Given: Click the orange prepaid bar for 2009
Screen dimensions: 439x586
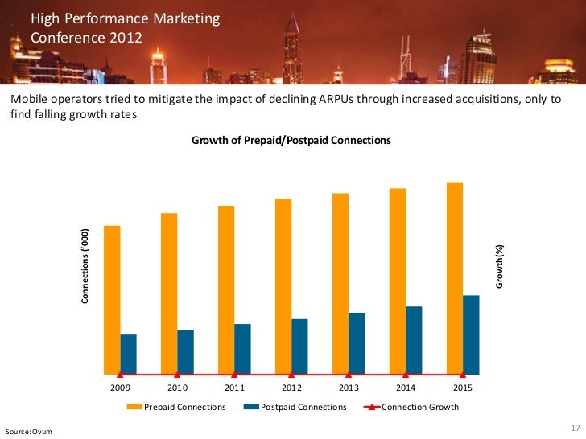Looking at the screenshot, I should click(112, 300).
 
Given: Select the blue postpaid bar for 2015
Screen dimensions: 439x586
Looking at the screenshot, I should click(471, 334).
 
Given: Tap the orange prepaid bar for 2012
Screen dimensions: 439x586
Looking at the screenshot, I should click(283, 286).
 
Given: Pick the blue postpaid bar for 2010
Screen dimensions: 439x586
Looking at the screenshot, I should click(185, 352).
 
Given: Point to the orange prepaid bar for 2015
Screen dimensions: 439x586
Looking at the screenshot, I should click(455, 278).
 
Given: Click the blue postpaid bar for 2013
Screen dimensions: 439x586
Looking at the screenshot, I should click(357, 343).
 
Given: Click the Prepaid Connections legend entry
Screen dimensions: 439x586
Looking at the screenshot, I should click(184, 407).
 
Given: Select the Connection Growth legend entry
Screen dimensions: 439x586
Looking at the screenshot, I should click(419, 407).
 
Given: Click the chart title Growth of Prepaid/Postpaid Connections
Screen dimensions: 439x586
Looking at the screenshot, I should click(291, 140).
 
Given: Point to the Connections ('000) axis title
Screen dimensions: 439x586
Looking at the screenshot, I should click(84, 266).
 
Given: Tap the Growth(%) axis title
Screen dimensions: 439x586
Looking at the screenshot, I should click(499, 266).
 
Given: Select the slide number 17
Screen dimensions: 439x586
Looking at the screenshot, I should click(574, 427).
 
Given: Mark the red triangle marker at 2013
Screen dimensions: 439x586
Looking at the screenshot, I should click(349, 374).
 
